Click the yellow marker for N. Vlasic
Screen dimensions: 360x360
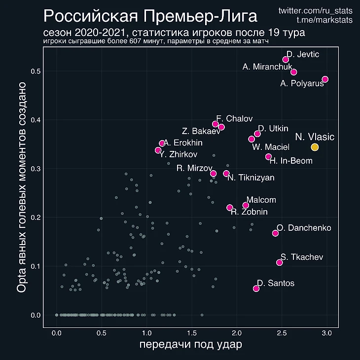point(315,147)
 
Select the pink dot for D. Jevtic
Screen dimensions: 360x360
point(286,60)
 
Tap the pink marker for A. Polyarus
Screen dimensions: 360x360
point(324,79)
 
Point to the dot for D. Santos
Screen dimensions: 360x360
point(256,288)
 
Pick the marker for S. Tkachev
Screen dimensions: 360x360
point(280,262)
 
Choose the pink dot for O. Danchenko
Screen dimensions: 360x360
point(275,233)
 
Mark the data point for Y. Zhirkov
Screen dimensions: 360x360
point(158,150)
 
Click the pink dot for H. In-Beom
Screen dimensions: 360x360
point(268,157)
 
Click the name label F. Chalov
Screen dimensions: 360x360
point(235,119)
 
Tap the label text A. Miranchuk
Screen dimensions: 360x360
point(268,67)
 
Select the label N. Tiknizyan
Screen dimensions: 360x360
point(251,178)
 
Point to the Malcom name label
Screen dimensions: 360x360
point(261,200)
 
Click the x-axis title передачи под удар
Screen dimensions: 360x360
point(191,345)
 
